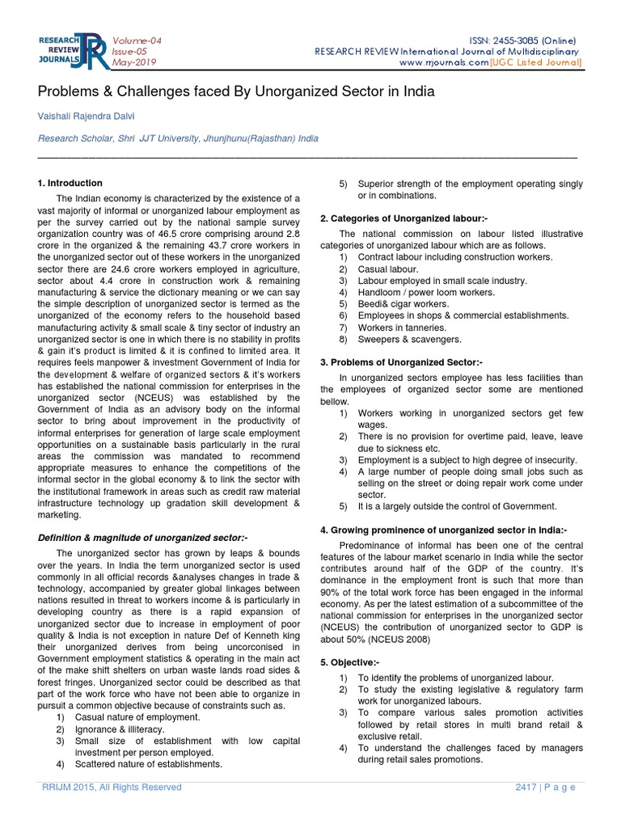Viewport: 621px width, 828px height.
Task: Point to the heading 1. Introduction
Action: (70, 184)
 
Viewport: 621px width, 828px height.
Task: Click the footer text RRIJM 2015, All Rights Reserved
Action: (107, 788)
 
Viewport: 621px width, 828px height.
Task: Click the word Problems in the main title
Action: (69, 91)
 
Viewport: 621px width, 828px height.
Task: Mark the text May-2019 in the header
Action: (135, 62)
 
